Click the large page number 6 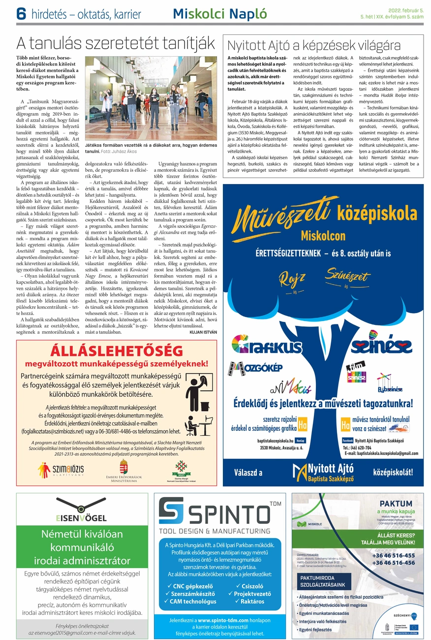click(x=21, y=15)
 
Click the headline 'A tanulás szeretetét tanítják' click(x=116, y=44)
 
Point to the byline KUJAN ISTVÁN click(x=203, y=332)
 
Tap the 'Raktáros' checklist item click(x=249, y=601)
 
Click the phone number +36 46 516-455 click(x=394, y=555)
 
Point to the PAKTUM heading click(x=396, y=504)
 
